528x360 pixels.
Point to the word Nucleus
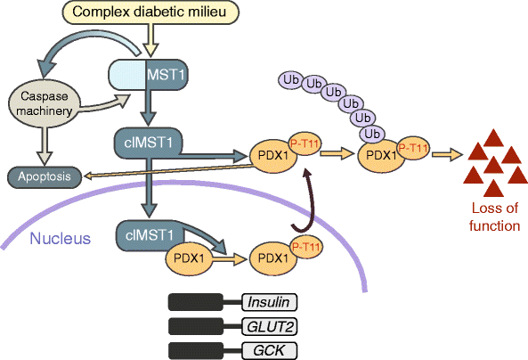(60, 238)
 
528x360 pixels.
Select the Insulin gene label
(268, 302)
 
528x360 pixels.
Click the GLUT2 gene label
(268, 325)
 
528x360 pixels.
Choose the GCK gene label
(268, 348)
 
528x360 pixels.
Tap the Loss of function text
(494, 218)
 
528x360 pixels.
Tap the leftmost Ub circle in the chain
(289, 80)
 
